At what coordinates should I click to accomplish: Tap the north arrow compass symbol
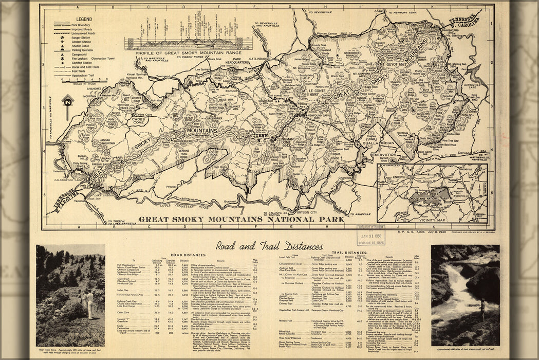(x=67, y=101)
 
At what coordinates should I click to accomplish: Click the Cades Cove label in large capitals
(x=125, y=121)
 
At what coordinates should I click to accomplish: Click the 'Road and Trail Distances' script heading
(x=269, y=246)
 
